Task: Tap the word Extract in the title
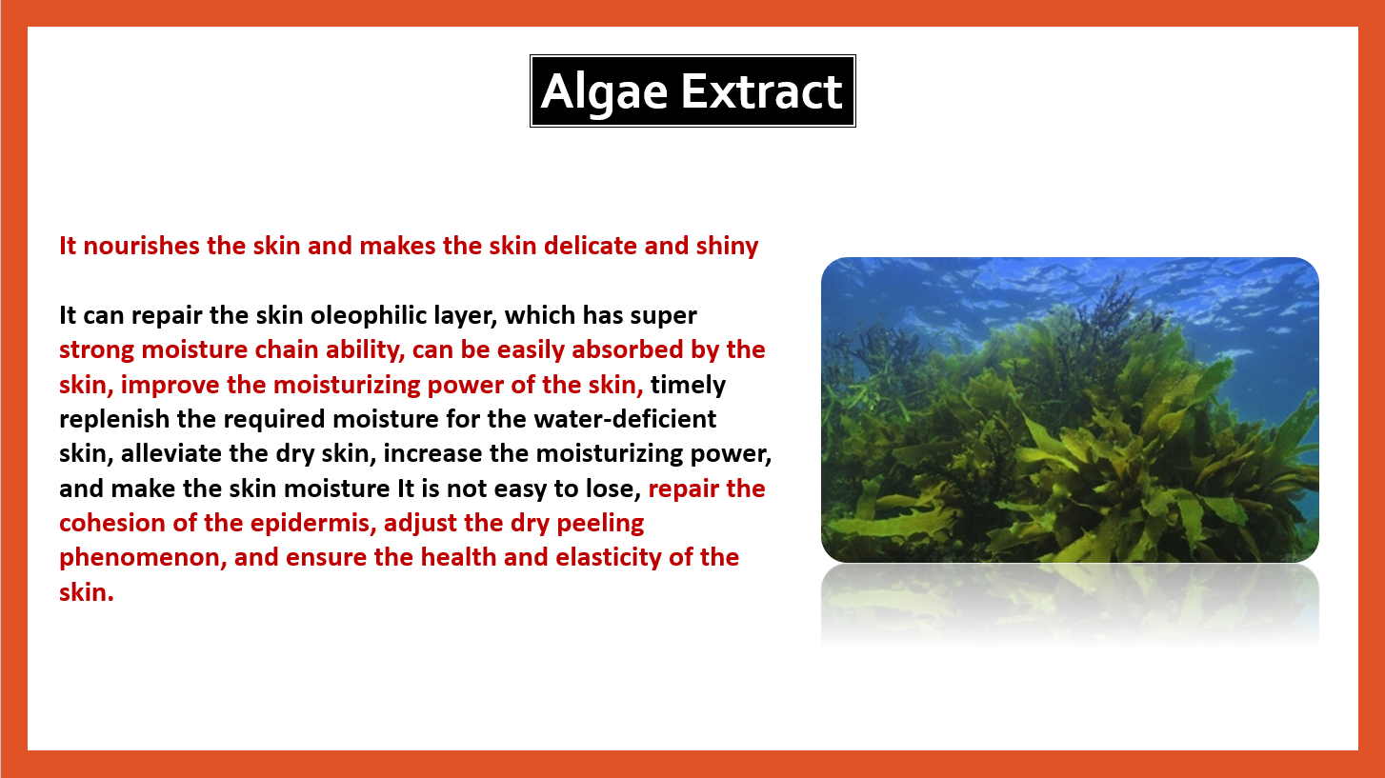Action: pos(762,91)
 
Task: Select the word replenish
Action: pos(114,420)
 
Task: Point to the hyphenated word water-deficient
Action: pos(625,419)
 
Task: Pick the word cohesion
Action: pos(112,524)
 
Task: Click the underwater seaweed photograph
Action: pos(1070,409)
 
